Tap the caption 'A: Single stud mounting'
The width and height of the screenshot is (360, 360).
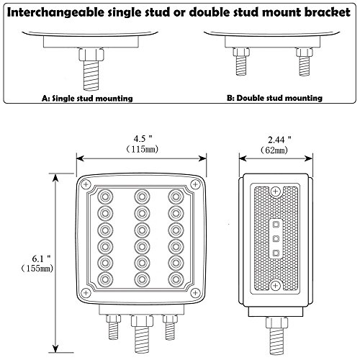87,98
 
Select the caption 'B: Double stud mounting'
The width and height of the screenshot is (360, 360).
274,98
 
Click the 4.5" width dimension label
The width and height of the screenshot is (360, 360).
143,139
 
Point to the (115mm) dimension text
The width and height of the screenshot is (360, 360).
143,149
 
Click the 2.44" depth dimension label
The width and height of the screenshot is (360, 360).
279,140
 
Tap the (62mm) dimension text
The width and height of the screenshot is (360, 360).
274,150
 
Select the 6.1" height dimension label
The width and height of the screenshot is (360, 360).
42,258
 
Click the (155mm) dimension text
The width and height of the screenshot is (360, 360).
37,269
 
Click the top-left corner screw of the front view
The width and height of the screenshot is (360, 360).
86,184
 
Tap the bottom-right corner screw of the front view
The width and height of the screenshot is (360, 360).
195,292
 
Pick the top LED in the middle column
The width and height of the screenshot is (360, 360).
142,197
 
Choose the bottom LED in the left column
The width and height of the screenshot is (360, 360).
105,279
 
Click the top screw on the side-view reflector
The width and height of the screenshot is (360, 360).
275,192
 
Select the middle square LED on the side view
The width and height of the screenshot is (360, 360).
276,238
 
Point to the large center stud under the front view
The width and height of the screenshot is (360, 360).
142,334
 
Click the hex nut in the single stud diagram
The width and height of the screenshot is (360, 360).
91,55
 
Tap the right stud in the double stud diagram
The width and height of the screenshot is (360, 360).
305,62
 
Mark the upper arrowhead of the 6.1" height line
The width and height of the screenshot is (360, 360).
55,179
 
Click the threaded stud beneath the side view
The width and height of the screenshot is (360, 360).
276,336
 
